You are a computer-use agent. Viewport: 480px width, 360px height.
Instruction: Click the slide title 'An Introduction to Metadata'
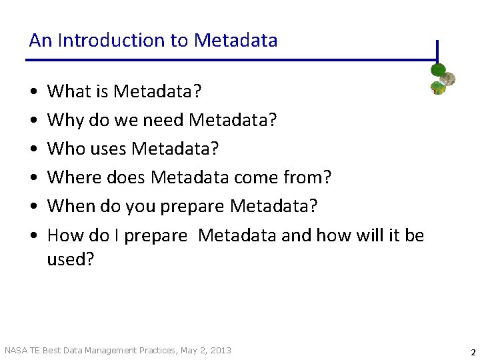[153, 41]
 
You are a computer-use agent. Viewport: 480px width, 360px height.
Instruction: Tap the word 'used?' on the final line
[71, 259]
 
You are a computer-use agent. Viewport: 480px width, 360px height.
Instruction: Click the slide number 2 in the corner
[473, 353]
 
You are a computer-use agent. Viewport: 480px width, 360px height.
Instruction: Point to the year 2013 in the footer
[221, 350]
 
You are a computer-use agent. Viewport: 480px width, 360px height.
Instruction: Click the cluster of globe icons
[442, 79]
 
